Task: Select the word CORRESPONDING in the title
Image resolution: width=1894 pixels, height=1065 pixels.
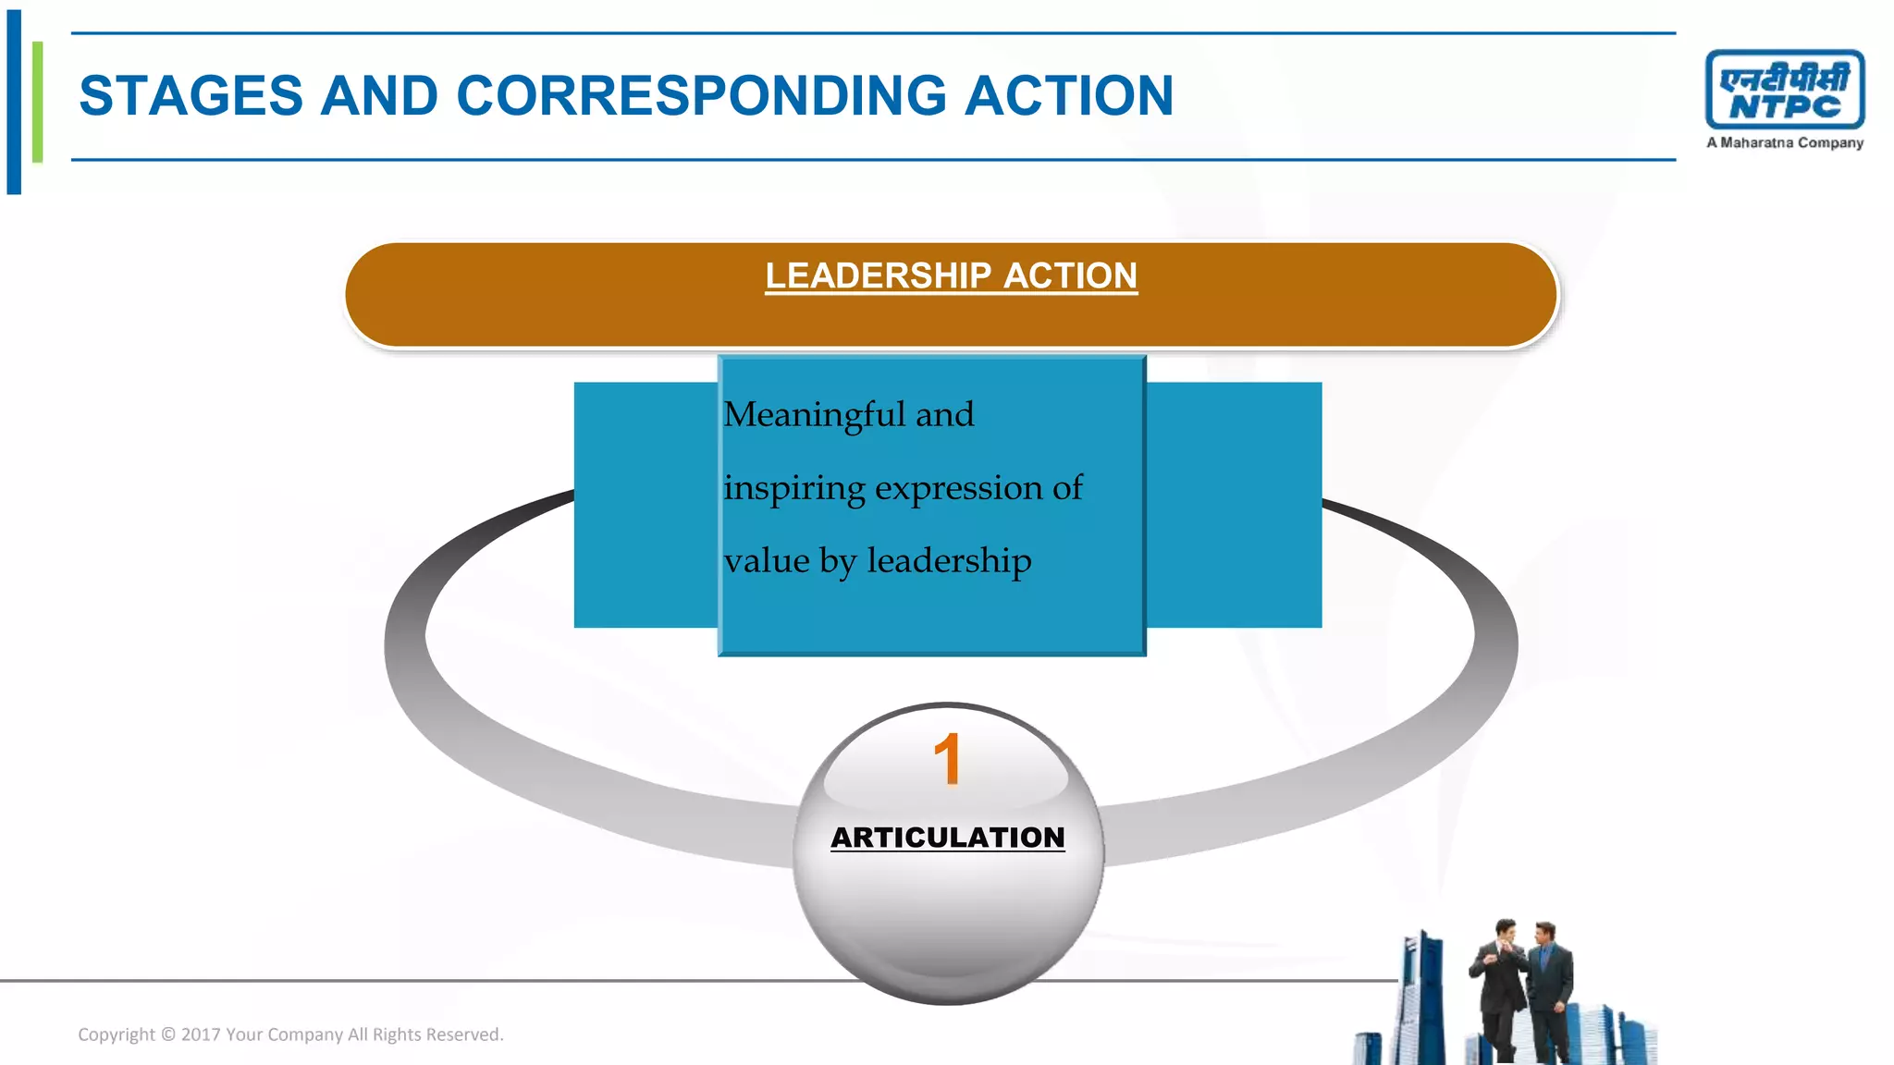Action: [x=702, y=96]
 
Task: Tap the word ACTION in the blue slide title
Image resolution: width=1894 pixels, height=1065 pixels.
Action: [x=1068, y=96]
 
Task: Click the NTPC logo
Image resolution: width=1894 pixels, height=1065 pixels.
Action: [x=1784, y=90]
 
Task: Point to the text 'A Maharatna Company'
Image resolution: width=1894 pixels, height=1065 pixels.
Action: [x=1784, y=143]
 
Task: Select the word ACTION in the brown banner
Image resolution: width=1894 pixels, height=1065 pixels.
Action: [x=1070, y=276]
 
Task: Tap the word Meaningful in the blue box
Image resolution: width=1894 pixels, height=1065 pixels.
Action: [x=814, y=415]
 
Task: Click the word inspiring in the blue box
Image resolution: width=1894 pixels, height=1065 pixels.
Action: [x=793, y=488]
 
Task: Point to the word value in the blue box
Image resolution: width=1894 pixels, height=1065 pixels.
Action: [x=767, y=561]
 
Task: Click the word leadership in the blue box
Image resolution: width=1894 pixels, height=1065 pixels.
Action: [x=948, y=561]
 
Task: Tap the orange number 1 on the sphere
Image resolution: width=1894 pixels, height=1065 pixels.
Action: [x=947, y=760]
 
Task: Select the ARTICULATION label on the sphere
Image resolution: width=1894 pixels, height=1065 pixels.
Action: [x=947, y=838]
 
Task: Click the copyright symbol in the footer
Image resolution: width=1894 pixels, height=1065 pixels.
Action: [x=168, y=1034]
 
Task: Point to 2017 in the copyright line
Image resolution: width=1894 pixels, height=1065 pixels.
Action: [x=200, y=1034]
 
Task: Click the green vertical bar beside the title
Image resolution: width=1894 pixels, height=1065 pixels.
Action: [x=37, y=102]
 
